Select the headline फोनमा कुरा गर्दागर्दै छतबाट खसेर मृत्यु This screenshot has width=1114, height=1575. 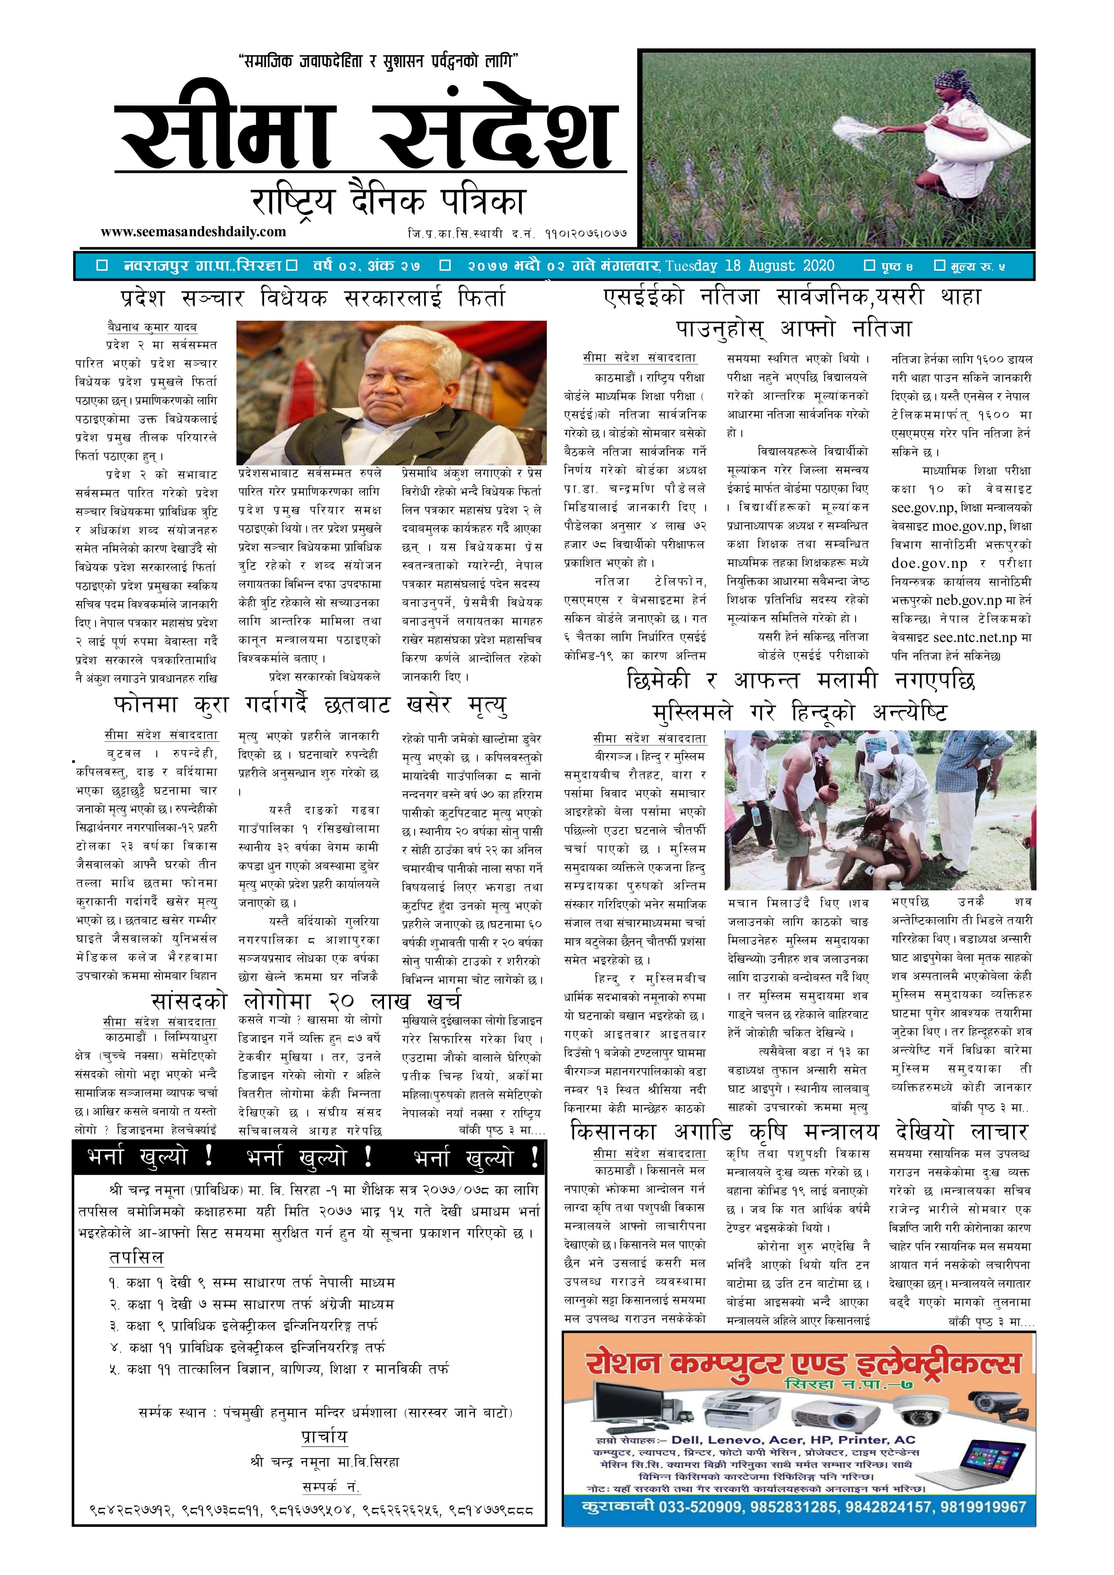[x=311, y=705]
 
